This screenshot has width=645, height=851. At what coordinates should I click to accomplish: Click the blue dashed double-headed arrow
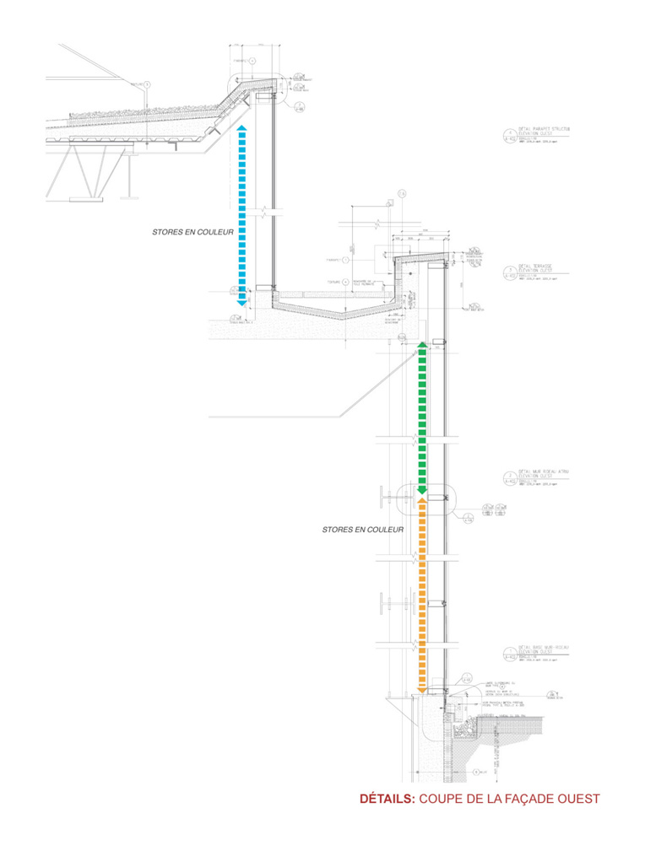(x=241, y=215)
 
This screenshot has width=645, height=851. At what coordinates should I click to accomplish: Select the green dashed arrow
(x=422, y=417)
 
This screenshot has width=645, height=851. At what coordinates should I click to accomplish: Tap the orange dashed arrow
(x=422, y=595)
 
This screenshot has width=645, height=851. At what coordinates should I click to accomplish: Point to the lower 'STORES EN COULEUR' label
(x=362, y=530)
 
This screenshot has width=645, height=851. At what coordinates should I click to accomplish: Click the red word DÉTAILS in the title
(x=388, y=798)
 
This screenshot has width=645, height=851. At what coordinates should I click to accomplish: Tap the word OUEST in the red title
(x=577, y=798)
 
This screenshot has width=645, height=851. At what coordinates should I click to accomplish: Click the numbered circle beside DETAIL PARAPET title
(x=509, y=134)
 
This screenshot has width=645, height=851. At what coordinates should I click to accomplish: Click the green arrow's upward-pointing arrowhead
(x=422, y=347)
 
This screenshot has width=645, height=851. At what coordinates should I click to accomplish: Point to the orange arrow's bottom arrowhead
(x=422, y=689)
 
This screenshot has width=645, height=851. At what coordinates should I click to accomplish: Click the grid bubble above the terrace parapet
(x=402, y=194)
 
